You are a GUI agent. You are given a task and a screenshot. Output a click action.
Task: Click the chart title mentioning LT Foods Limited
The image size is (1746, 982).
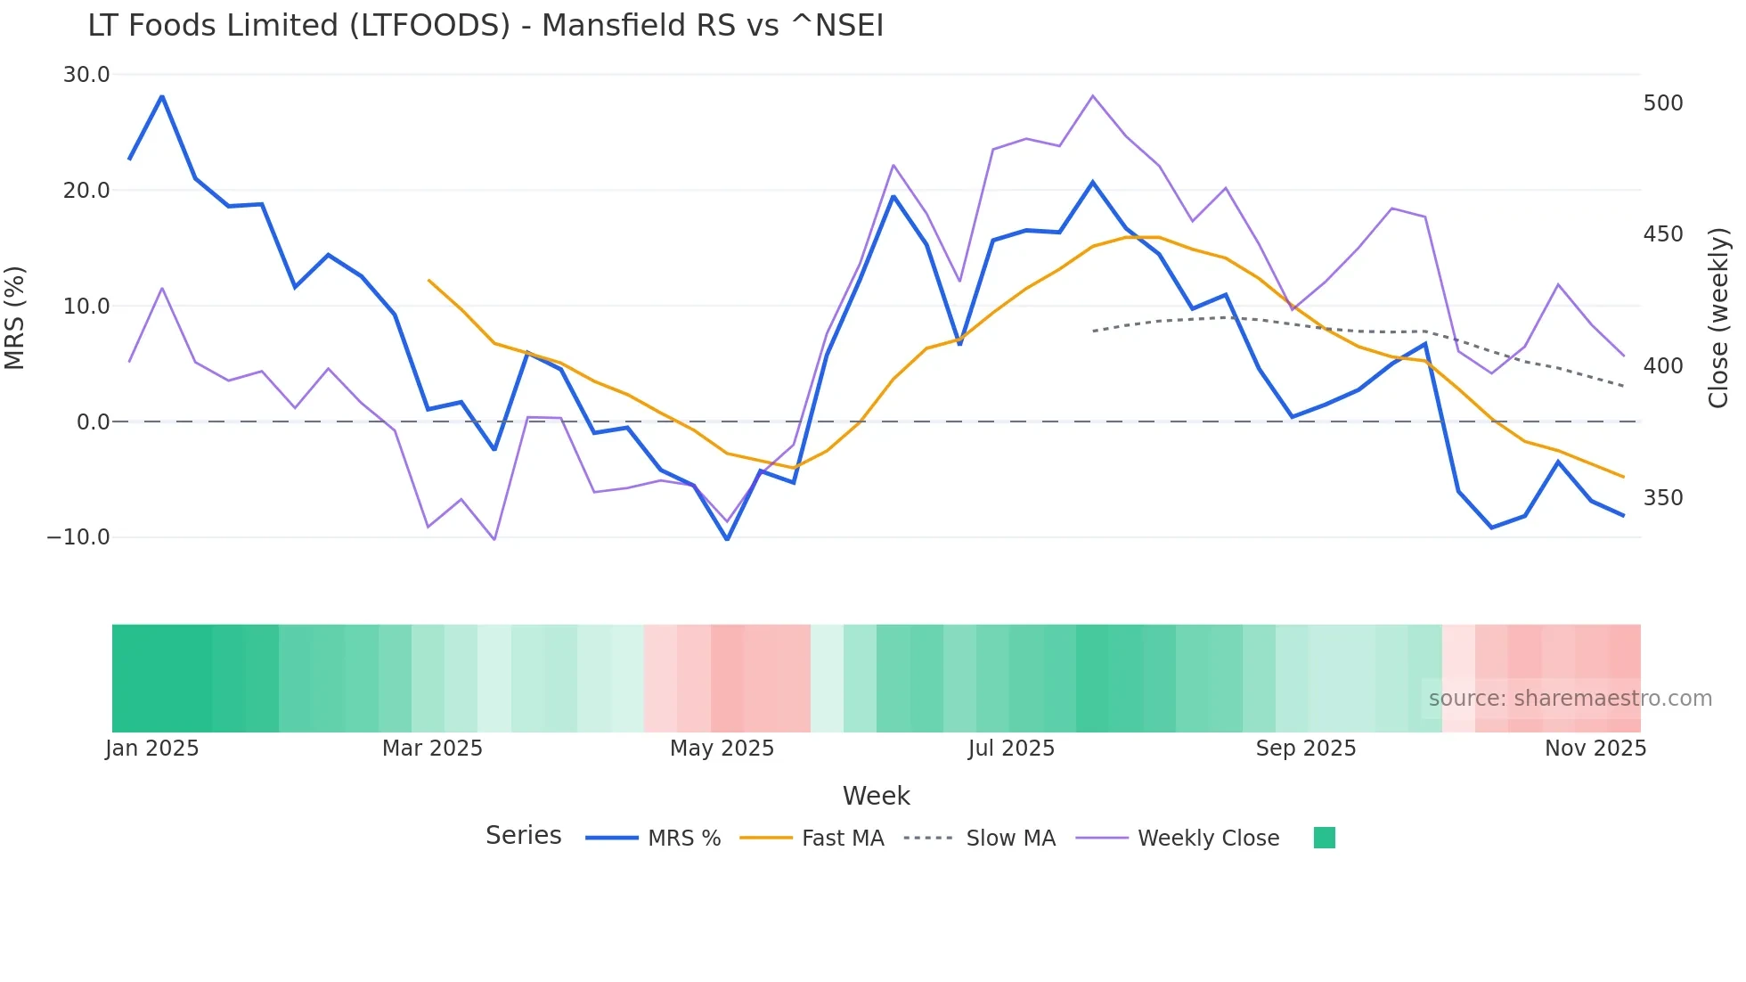point(485,26)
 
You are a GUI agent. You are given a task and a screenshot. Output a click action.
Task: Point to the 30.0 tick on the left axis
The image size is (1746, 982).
point(86,75)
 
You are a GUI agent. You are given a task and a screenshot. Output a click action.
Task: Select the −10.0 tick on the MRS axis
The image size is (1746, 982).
point(78,537)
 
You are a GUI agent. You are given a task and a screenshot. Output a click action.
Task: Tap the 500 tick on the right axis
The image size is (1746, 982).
point(1663,103)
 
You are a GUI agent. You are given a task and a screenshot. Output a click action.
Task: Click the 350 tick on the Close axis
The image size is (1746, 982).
point(1663,498)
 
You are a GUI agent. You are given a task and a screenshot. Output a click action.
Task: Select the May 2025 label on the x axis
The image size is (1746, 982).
point(722,749)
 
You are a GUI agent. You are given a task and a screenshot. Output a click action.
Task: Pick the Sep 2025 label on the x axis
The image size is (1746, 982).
point(1306,749)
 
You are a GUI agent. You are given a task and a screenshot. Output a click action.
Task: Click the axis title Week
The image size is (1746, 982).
point(876,796)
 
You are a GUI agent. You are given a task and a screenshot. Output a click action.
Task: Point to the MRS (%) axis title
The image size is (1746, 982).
point(15,317)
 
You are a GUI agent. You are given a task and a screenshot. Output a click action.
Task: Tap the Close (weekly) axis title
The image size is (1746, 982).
point(1718,317)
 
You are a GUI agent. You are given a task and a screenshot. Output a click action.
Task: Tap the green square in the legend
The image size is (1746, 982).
point(1325,838)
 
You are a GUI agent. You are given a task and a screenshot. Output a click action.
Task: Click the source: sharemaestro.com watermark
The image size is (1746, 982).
point(1570,699)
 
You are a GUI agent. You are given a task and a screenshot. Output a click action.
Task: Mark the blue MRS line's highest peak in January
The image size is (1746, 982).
point(162,96)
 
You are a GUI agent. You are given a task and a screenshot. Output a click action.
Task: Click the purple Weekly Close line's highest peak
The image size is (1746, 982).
point(1093,96)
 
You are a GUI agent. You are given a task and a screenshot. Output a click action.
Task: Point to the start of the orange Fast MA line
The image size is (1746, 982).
point(428,280)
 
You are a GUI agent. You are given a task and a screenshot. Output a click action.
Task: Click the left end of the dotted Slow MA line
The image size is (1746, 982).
point(1093,331)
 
